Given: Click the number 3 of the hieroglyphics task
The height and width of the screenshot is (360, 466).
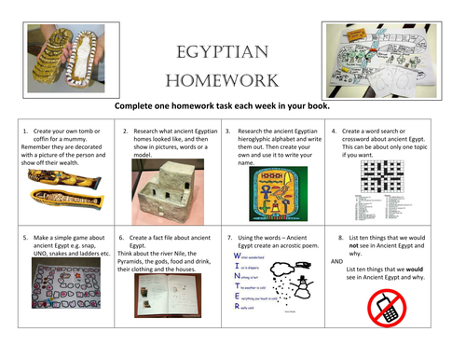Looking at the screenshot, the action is point(229,132).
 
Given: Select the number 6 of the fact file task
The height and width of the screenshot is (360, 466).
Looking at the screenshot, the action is point(121,239).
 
